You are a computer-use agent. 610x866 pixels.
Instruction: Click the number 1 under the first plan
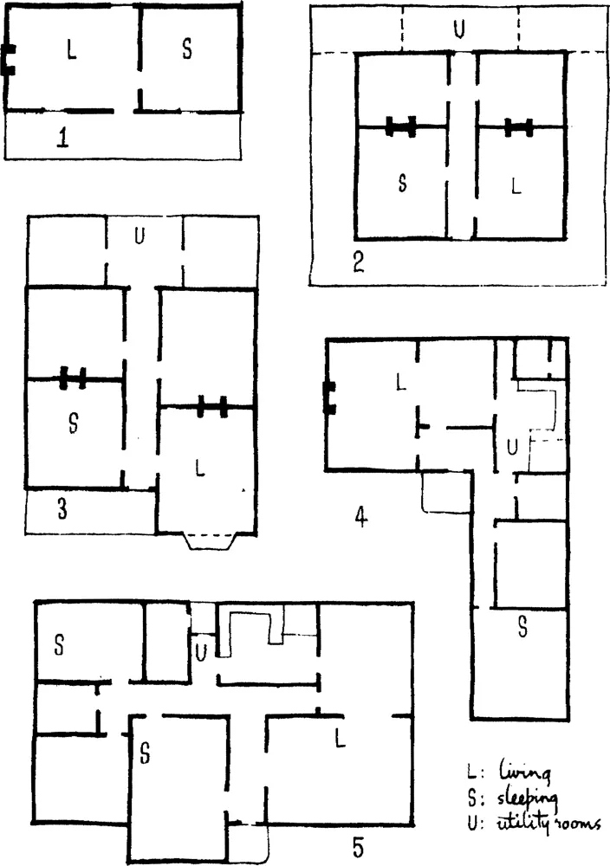coord(62,137)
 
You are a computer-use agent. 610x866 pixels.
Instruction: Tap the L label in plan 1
coord(71,50)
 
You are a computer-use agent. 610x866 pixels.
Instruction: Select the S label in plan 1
coord(187,49)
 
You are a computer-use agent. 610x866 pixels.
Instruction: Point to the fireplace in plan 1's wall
coord(10,60)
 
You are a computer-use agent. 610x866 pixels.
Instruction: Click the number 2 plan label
coord(359,262)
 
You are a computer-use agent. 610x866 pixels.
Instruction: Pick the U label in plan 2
coord(458,29)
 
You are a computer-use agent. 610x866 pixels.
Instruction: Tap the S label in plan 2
coord(403,182)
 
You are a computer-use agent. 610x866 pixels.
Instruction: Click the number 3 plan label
coord(63,508)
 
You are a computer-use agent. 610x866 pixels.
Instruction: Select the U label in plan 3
coord(140,236)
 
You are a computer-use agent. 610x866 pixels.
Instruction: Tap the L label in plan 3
coord(200,469)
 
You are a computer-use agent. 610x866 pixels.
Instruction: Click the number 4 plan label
coord(360,518)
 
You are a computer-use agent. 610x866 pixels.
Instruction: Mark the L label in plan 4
coord(401,382)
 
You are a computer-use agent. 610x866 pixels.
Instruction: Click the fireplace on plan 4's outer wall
coord(329,397)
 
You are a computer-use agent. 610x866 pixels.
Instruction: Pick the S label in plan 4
coord(522,627)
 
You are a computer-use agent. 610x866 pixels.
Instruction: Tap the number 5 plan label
coord(359,845)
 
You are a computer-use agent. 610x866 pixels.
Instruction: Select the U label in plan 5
coord(201,653)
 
